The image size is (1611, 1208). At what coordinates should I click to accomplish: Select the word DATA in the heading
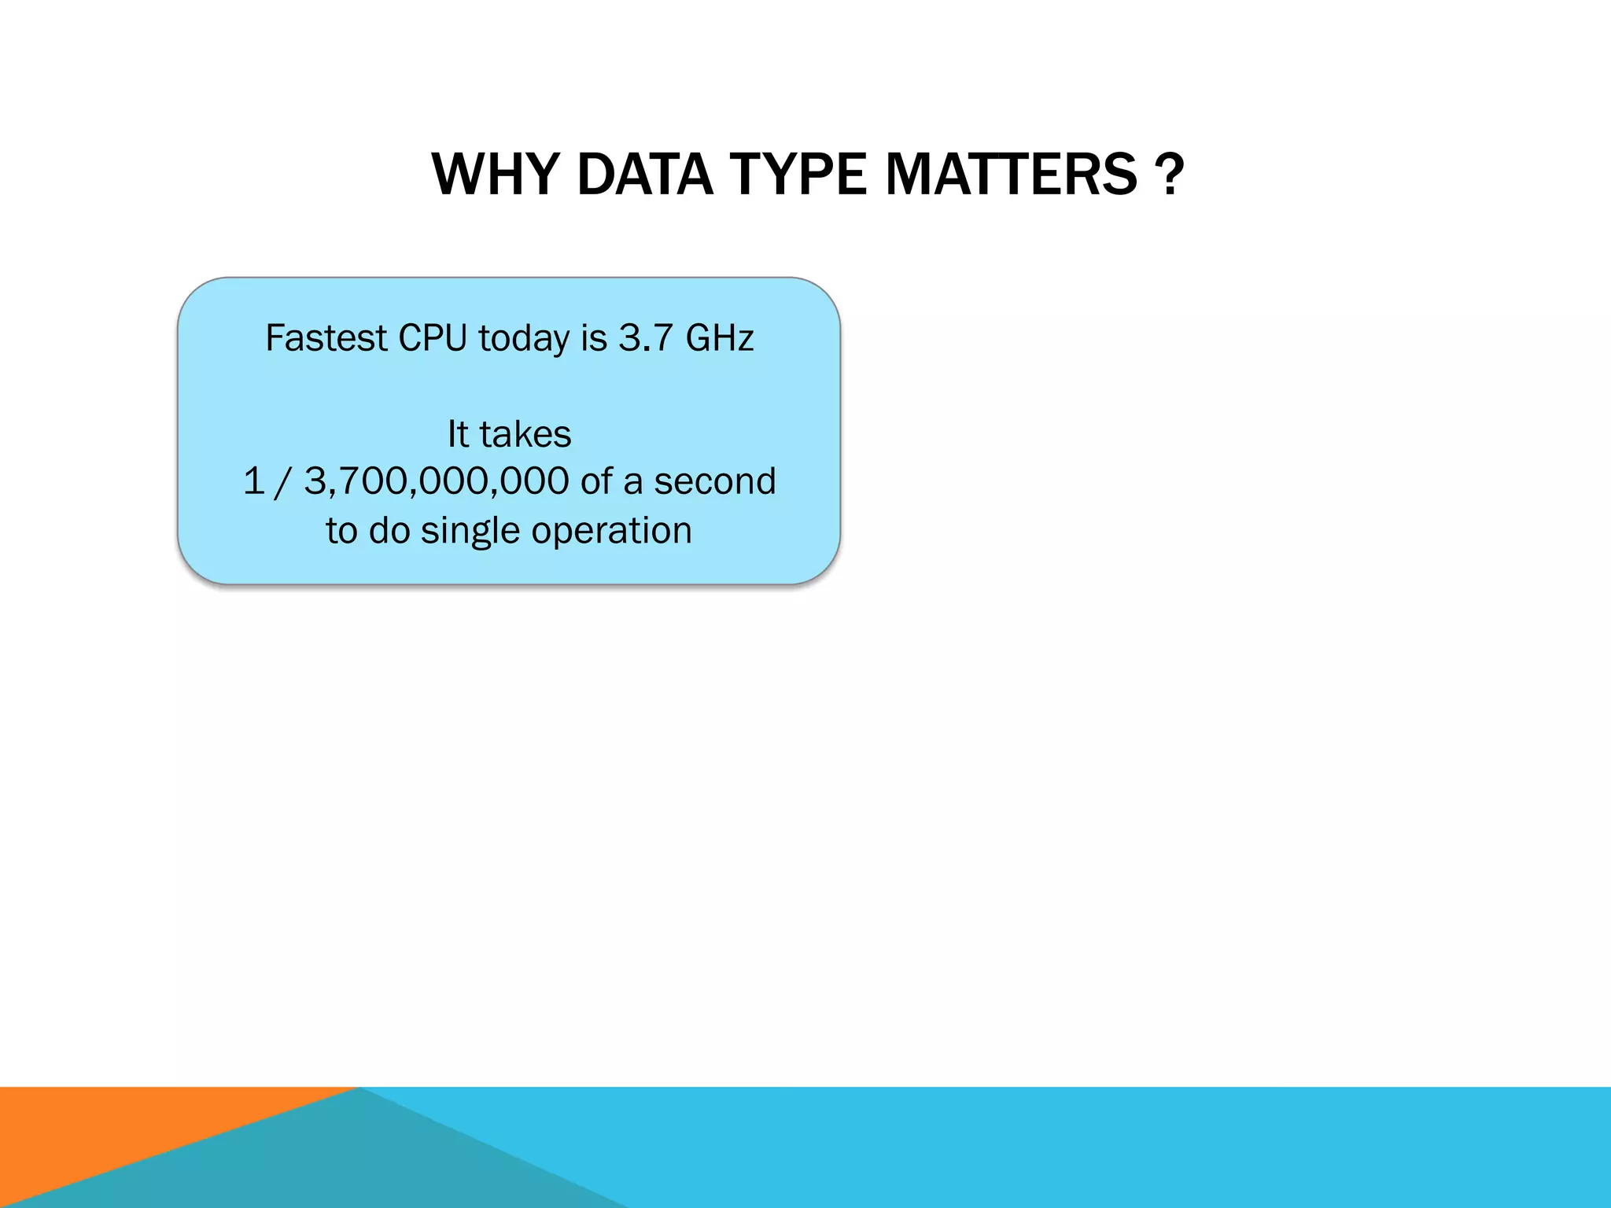(x=644, y=175)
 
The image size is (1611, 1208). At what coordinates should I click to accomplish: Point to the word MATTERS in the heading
(x=1012, y=175)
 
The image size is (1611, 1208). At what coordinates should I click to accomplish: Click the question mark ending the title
(x=1170, y=175)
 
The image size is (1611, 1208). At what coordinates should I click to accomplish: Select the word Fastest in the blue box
(x=326, y=338)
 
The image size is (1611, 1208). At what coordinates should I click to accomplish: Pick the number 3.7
(x=645, y=338)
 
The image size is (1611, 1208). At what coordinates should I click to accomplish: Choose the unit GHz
(x=720, y=338)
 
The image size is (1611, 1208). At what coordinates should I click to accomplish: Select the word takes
(x=525, y=434)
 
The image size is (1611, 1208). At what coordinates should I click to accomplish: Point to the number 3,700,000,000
(x=437, y=481)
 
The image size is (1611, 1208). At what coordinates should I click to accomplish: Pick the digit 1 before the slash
(x=253, y=481)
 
